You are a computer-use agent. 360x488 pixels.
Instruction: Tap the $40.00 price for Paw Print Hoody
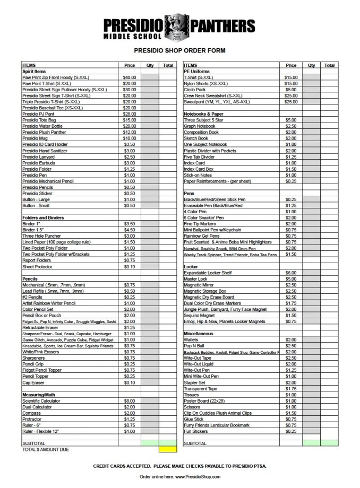pos(130,77)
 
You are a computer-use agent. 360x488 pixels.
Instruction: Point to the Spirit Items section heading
pos(33,71)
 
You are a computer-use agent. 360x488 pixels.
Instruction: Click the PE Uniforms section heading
pos(196,71)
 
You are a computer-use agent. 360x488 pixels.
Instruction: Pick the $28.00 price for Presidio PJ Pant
pos(130,114)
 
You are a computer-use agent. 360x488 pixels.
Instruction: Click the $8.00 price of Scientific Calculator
pos(130,400)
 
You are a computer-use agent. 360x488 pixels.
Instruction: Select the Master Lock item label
pos(195,278)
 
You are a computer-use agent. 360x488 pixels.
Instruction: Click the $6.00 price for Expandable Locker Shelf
pos(291,272)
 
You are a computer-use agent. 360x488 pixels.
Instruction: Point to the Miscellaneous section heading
pos(198,333)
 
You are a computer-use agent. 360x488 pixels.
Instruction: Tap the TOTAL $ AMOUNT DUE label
pos(46,449)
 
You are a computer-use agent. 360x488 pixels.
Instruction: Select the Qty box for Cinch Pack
pos(311,90)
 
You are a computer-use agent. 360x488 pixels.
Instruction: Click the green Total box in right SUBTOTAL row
pos(330,443)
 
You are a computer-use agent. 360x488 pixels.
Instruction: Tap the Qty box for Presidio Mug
pos(150,138)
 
